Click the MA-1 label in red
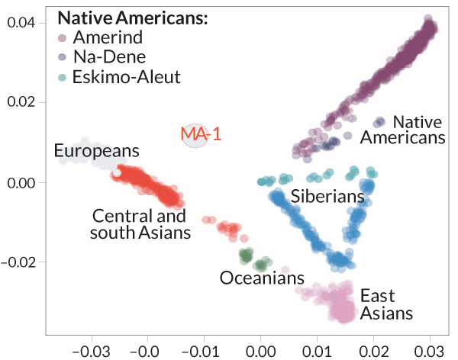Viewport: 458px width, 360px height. pos(201,135)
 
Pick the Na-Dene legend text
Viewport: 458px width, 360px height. pos(106,57)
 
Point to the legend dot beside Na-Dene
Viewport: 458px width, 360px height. pos(63,58)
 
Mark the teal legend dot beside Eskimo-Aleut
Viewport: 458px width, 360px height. pos(63,77)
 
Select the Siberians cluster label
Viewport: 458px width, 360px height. pos(327,197)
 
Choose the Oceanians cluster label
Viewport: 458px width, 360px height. pos(262,278)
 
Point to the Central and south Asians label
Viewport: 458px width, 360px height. pos(140,223)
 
